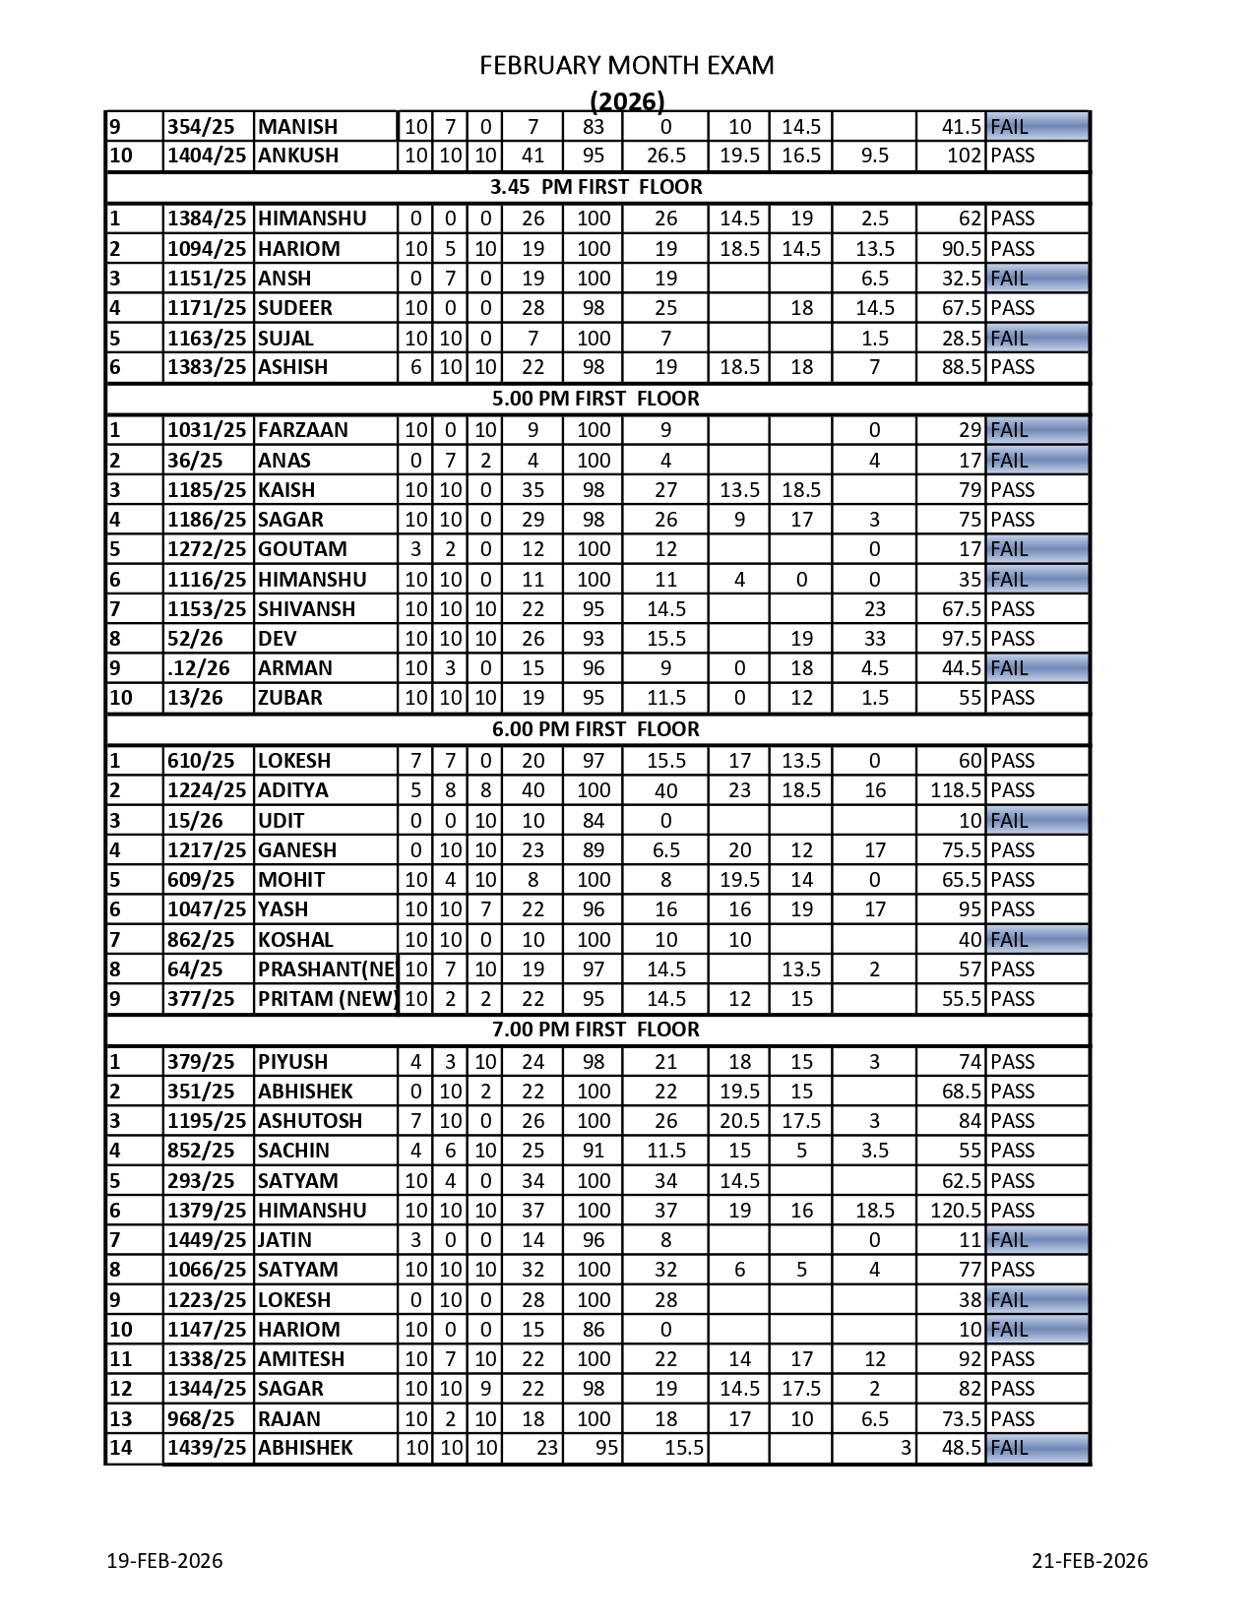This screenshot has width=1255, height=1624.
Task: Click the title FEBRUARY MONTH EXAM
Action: (x=626, y=66)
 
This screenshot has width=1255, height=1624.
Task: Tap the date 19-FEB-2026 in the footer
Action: (x=164, y=1561)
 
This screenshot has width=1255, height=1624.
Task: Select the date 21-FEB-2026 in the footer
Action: (x=1090, y=1561)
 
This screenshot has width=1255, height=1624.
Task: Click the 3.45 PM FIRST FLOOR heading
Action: (x=596, y=187)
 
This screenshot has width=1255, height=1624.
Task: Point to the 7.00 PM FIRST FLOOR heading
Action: (x=596, y=1030)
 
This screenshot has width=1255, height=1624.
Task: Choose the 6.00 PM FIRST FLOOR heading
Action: (x=596, y=729)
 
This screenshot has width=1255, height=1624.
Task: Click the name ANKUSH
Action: (x=298, y=156)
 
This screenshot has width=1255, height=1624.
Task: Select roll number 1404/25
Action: (x=207, y=156)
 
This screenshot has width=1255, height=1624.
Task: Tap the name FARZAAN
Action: (x=303, y=430)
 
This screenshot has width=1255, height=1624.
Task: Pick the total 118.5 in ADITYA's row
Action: (x=956, y=790)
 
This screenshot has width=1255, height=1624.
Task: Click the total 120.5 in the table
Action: (x=956, y=1211)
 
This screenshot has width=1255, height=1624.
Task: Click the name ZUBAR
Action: (x=290, y=698)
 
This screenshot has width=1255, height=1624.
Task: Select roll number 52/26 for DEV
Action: (x=196, y=639)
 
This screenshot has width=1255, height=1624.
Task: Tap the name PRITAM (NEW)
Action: (x=326, y=999)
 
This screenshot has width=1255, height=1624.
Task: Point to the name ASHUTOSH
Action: (x=310, y=1121)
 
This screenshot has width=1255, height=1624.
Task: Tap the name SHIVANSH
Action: (x=306, y=609)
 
